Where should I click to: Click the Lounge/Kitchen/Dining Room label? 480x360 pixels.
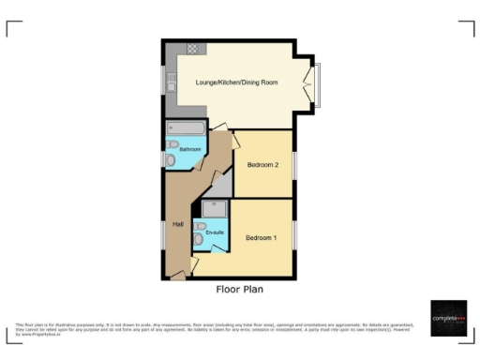click(x=236, y=82)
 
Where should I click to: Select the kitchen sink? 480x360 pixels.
click(x=171, y=85)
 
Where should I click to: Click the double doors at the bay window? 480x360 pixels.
click(x=307, y=85)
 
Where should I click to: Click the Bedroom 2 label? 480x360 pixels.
click(x=262, y=165)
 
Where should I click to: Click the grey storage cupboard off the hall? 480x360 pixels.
click(x=217, y=187)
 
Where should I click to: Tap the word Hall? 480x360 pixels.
click(x=177, y=223)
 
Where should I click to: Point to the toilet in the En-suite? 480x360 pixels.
click(x=198, y=241)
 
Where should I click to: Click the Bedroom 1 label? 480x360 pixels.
click(x=261, y=238)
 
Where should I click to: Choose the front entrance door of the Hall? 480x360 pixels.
click(x=177, y=277)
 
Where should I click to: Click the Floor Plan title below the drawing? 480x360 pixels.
click(x=240, y=290)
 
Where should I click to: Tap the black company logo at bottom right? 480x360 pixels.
click(x=448, y=319)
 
